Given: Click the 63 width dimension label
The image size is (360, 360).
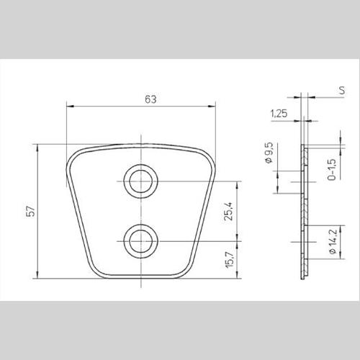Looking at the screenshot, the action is (150, 99).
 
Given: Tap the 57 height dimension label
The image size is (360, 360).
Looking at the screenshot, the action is (31, 211).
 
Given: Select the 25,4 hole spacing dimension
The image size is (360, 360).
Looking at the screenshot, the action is (228, 211).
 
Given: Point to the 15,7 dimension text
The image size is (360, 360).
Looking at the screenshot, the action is (230, 260).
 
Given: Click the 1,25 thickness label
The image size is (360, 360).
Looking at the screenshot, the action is (279, 113).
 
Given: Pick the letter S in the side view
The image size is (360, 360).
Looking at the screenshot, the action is (342, 91).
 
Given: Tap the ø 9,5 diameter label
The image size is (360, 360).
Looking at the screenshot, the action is (269, 153).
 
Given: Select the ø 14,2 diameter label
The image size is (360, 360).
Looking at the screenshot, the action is (333, 242).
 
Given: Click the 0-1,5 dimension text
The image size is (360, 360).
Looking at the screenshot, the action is (332, 169).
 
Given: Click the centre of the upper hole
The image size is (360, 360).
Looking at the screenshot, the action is (141, 181).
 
